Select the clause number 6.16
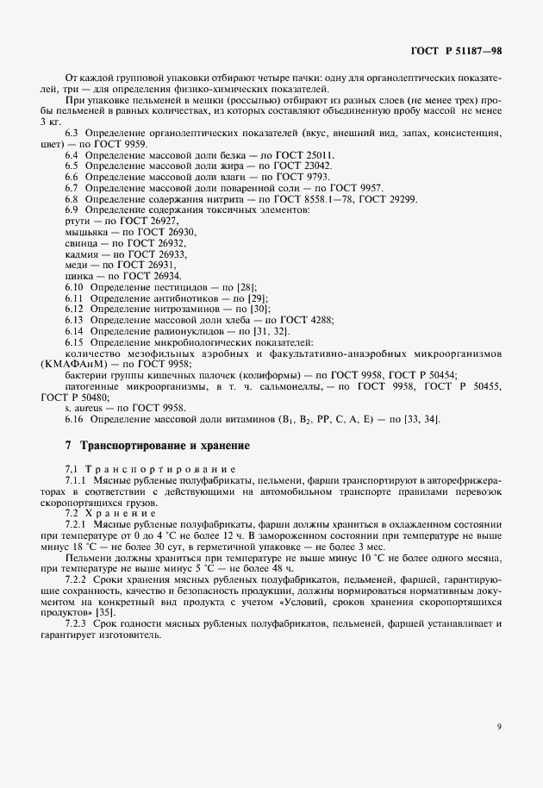tap(74, 420)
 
